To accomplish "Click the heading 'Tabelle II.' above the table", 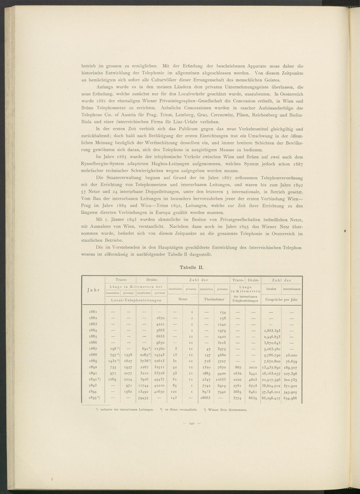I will pyautogui.click(x=192, y=268).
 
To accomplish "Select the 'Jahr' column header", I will pyautogui.click(x=93, y=290).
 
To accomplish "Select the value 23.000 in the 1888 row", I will pyautogui.click(x=291, y=355).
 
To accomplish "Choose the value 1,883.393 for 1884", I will pyautogui.click(x=272, y=331).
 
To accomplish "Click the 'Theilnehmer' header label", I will pyautogui.click(x=214, y=299).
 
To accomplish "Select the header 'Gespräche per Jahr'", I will pyautogui.click(x=282, y=299).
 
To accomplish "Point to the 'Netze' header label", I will pyautogui.click(x=183, y=299).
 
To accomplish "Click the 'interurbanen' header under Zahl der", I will pyautogui.click(x=292, y=289).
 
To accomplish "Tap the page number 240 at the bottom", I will pyautogui.click(x=191, y=424).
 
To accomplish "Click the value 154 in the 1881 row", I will pyautogui.click(x=222, y=312).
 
